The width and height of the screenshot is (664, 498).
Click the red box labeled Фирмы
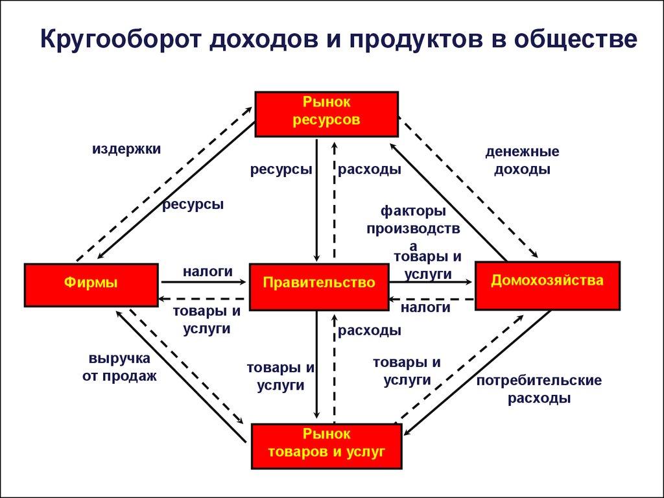coord(91,285)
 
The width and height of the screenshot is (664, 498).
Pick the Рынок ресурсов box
coord(326,114)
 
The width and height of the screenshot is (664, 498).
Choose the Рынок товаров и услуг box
coord(326,445)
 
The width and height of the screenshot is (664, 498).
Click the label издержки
coord(126,149)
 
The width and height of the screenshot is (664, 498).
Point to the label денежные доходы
coord(522,161)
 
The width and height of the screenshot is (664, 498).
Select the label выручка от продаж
coord(119,367)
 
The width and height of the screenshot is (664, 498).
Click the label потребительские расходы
coord(539,389)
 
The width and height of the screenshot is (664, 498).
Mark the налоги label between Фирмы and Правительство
coord(207,272)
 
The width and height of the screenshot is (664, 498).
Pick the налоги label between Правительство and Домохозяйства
coord(425,308)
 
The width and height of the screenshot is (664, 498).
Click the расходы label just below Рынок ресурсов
coord(369,170)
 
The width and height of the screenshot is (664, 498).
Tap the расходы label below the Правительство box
coord(369,331)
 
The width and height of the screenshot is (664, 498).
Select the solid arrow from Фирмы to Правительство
coord(204,282)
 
